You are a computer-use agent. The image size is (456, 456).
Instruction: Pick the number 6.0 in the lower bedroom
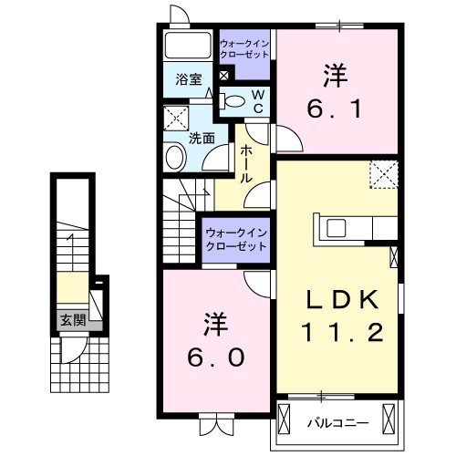pyautogui.click(x=216, y=358)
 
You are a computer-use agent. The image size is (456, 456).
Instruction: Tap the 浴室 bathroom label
pyautogui.click(x=188, y=78)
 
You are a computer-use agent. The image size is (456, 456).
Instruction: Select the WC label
pyautogui.click(x=258, y=100)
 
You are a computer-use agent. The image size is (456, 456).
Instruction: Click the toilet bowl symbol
pyautogui.click(x=233, y=101)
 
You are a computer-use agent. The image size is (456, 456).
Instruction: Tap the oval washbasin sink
pyautogui.click(x=174, y=158)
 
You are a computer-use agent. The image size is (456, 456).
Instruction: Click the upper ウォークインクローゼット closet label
pyautogui.click(x=244, y=48)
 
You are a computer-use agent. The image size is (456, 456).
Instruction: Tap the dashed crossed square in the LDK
pyautogui.click(x=383, y=173)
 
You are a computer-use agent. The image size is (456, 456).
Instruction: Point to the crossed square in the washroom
pyautogui.click(x=174, y=119)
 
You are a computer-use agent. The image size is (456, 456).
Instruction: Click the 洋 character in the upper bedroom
pyautogui.click(x=335, y=73)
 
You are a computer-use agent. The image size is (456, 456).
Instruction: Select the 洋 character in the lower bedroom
pyautogui.click(x=215, y=323)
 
